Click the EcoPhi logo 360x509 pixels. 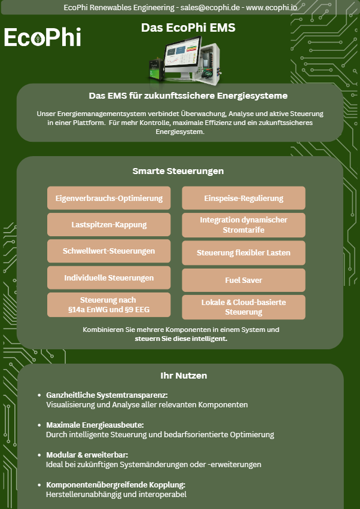[42, 36]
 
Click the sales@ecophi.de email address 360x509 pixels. [210, 7]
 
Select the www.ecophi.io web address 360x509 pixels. [271, 7]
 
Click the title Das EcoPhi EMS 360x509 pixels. [188, 28]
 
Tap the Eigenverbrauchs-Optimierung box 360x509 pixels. [109, 198]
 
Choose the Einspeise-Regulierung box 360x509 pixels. [244, 198]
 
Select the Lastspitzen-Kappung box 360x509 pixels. [109, 225]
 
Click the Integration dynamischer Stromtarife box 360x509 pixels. [244, 225]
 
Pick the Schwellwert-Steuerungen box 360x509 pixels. [109, 251]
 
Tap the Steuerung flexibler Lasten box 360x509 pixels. [244, 253]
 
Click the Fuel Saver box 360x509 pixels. [244, 280]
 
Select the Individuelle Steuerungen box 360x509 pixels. [109, 278]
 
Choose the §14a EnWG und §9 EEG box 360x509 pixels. [109, 305]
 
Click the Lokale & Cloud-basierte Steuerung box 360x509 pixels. [244, 307]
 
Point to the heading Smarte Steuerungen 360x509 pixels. [178, 171]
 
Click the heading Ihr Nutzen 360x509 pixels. [184, 376]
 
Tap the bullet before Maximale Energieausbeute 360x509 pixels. [39, 425]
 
